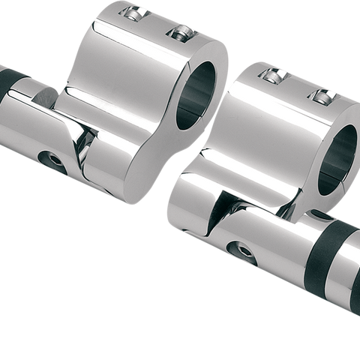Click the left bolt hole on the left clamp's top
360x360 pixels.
(133, 13)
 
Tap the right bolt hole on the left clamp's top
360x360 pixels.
(179, 32)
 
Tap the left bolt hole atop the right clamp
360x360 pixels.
(272, 74)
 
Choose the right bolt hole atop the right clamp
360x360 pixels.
(322, 95)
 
